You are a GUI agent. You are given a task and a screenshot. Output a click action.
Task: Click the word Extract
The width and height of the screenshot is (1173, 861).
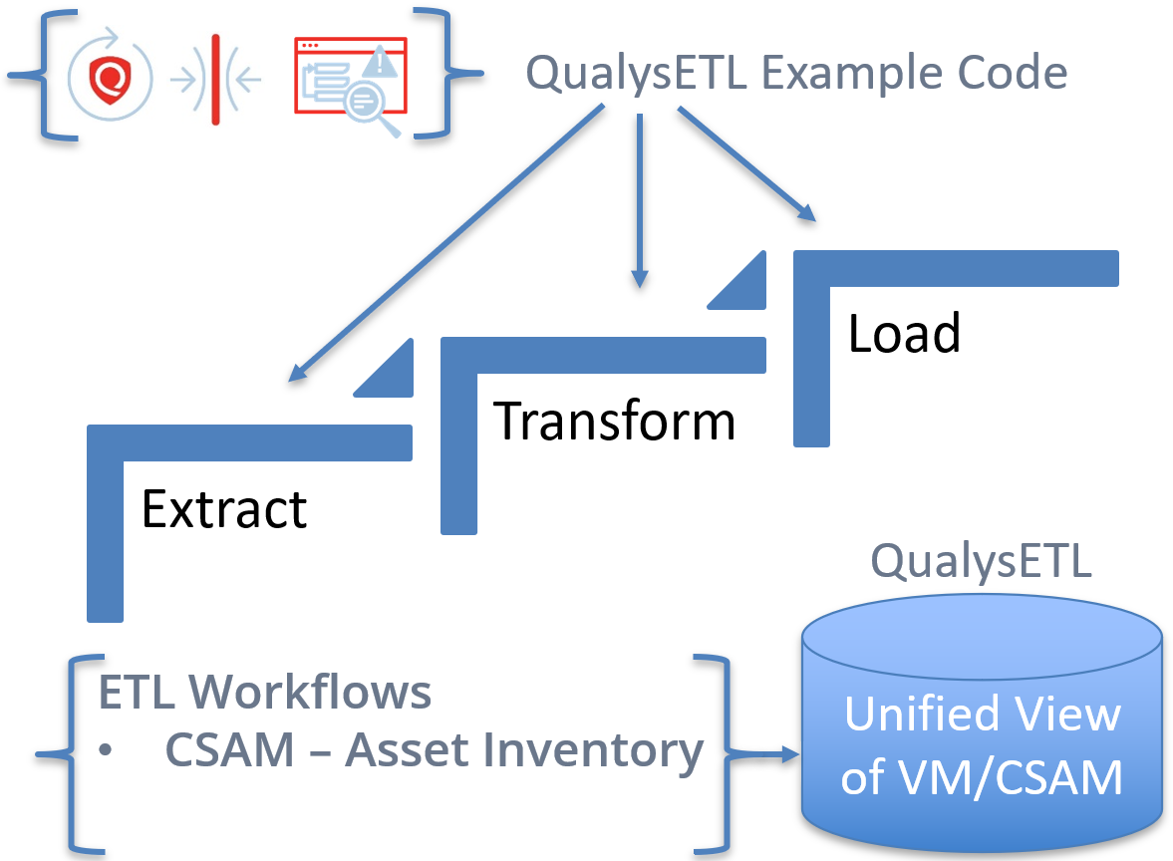click(224, 509)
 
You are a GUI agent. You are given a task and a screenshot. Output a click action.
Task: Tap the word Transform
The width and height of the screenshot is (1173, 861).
click(614, 422)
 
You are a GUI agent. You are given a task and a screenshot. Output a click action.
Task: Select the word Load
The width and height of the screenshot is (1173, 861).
click(905, 333)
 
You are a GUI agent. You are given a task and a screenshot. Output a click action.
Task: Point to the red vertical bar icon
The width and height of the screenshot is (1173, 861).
click(215, 80)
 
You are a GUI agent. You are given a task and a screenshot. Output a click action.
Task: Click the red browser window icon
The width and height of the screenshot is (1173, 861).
click(350, 76)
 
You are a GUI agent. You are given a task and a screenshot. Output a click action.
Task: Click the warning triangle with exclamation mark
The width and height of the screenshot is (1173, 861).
click(380, 62)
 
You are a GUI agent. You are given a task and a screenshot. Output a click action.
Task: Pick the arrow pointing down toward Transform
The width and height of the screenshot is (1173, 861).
click(640, 200)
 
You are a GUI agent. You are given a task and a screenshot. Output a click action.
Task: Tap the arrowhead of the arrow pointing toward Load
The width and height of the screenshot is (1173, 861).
click(807, 212)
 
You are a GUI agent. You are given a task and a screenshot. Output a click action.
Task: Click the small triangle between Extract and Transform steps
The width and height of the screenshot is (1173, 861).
click(394, 377)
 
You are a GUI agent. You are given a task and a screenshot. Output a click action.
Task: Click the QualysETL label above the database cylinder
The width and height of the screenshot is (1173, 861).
click(981, 561)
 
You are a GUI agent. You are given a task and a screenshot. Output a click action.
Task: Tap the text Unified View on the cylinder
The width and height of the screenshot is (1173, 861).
click(983, 714)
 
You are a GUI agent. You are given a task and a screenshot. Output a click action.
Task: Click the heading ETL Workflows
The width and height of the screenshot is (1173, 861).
click(265, 692)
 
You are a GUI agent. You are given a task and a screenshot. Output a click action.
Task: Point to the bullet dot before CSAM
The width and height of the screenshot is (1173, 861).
click(106, 749)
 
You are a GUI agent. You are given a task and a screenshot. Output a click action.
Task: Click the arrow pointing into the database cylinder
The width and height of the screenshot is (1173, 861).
click(764, 754)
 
